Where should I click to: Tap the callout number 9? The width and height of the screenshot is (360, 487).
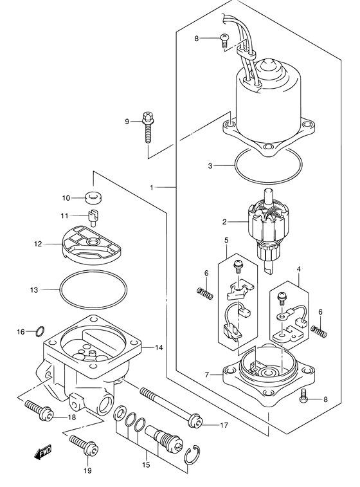127,122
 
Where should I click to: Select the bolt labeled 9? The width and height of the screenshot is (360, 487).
148,127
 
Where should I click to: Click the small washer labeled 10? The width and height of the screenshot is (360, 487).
94,198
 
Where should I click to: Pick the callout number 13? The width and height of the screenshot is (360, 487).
34,289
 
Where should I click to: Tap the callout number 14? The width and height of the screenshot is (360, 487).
159,348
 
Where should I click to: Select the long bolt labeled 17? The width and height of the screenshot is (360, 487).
171,406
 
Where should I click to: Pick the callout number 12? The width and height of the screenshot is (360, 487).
38,244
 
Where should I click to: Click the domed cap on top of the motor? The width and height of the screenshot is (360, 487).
265,66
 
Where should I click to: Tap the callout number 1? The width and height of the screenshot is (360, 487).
152,187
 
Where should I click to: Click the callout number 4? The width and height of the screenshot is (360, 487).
298,270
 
